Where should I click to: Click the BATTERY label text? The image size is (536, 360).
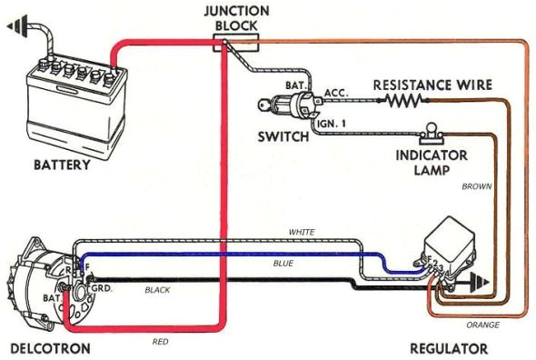pyautogui.click(x=62, y=165)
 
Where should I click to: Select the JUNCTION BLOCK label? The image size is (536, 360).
pyautogui.click(x=235, y=17)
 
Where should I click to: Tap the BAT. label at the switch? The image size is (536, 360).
pyautogui.click(x=295, y=85)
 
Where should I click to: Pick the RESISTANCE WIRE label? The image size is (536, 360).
pyautogui.click(x=432, y=85)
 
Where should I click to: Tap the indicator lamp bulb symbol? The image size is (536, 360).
pyautogui.click(x=430, y=131)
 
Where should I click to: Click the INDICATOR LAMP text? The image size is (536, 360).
pyautogui.click(x=432, y=162)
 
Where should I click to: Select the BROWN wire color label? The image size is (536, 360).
pyautogui.click(x=476, y=186)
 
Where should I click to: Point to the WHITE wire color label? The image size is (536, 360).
pyautogui.click(x=301, y=233)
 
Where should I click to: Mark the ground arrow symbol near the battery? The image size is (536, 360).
pyautogui.click(x=17, y=29)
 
